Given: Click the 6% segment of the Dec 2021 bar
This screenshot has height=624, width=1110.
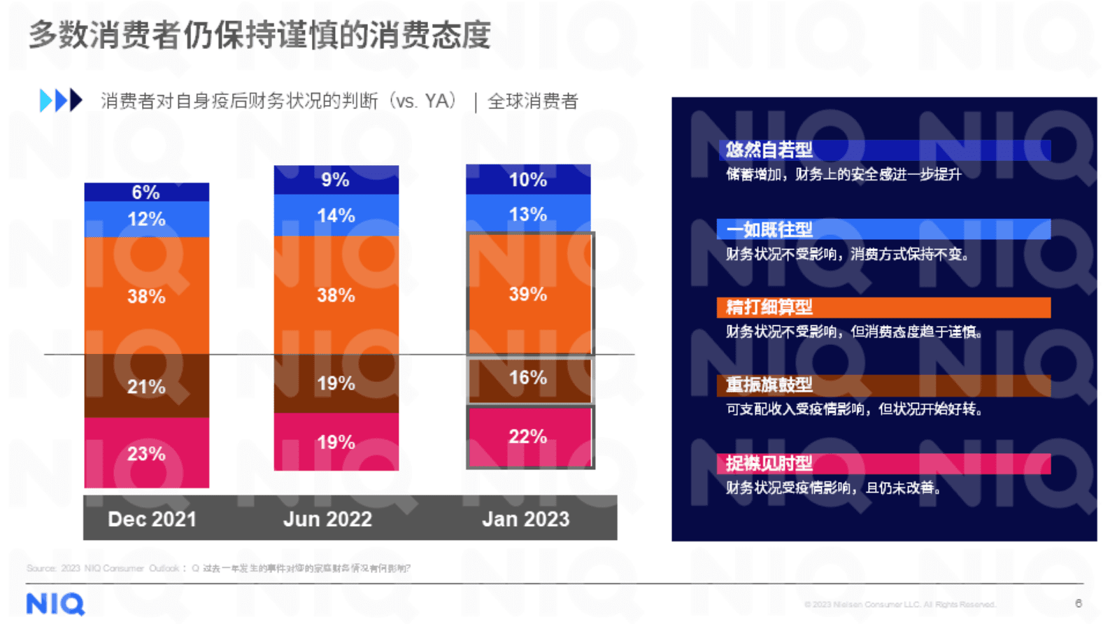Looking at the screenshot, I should pyautogui.click(x=146, y=192).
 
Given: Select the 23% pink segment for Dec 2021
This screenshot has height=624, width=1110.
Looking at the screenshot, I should pyautogui.click(x=146, y=453).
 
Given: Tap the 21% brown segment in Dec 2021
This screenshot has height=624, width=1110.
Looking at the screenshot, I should pyautogui.click(x=146, y=386).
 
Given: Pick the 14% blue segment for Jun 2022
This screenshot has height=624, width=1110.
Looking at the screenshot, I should pyautogui.click(x=336, y=215).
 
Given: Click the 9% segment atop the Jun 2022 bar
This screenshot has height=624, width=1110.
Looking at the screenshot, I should pyautogui.click(x=336, y=180).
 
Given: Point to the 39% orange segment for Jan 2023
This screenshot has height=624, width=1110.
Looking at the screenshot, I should pyautogui.click(x=529, y=294).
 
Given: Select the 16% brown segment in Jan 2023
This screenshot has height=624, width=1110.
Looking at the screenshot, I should pyautogui.click(x=529, y=378).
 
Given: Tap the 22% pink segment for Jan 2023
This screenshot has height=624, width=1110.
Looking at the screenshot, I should pyautogui.click(x=529, y=437).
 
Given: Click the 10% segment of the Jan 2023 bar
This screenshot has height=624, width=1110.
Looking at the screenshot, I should pyautogui.click(x=528, y=180).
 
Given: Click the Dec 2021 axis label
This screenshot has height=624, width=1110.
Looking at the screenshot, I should pyautogui.click(x=152, y=519).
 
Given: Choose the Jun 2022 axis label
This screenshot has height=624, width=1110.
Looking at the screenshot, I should pyautogui.click(x=327, y=519).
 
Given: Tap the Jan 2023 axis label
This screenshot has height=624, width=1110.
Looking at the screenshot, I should pyautogui.click(x=526, y=519).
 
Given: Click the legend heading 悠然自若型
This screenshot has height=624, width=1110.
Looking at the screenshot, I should pyautogui.click(x=769, y=150).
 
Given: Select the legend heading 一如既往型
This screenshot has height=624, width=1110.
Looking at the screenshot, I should pyautogui.click(x=769, y=229).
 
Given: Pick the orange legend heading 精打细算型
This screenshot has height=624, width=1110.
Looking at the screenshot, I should pyautogui.click(x=769, y=307).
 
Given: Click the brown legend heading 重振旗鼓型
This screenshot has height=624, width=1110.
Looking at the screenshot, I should pyautogui.click(x=769, y=385).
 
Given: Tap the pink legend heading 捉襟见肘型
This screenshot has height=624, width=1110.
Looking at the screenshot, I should pyautogui.click(x=769, y=463).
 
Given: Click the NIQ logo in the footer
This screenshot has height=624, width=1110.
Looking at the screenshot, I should pyautogui.click(x=55, y=604).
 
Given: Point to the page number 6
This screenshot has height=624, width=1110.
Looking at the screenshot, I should pyautogui.click(x=1078, y=603).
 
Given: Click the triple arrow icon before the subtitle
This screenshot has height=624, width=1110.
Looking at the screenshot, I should pyautogui.click(x=61, y=101).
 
